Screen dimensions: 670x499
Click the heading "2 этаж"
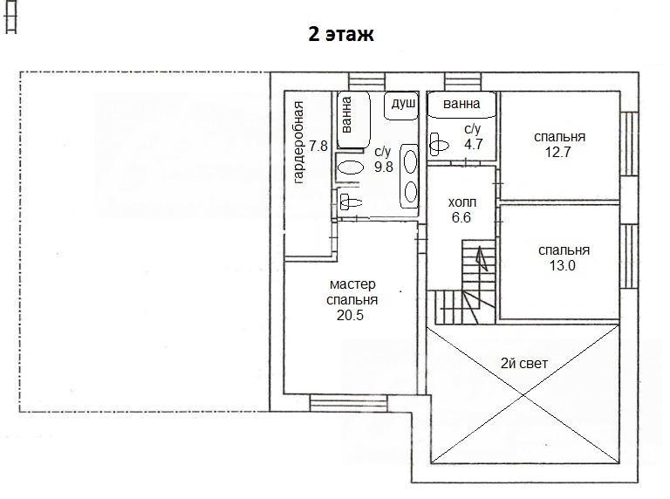click(x=341, y=34)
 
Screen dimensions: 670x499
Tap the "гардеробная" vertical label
click(x=298, y=142)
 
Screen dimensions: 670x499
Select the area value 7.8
click(x=318, y=146)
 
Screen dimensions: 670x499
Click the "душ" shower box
click(x=401, y=106)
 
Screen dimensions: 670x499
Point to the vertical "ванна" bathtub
click(x=353, y=120)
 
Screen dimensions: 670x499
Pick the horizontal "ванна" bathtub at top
click(x=461, y=105)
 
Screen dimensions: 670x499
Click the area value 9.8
click(x=383, y=167)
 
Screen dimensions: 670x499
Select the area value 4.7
click(x=473, y=144)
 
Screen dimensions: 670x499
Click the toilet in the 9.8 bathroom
click(x=350, y=201)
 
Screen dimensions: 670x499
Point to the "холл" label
click(x=461, y=202)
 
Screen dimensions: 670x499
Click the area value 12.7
click(x=557, y=152)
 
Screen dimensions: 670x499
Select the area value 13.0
click(x=562, y=266)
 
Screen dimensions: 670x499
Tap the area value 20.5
click(x=350, y=315)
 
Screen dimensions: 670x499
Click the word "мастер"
click(x=352, y=284)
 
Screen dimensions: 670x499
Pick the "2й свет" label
click(x=523, y=364)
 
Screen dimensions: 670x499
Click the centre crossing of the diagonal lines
click(x=523, y=395)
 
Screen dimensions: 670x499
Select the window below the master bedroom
click(x=348, y=403)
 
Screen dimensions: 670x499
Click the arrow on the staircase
click(x=482, y=258)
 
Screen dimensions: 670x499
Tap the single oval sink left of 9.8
click(x=351, y=167)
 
